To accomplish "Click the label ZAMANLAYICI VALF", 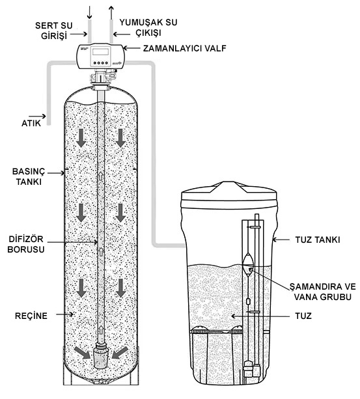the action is tap(184, 48).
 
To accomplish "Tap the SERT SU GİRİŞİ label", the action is tap(54, 31).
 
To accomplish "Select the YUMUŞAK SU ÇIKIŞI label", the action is tap(148, 27).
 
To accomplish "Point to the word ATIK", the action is tap(31, 123).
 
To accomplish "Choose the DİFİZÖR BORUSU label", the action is tap(26, 244).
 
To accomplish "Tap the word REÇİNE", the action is tap(31, 316).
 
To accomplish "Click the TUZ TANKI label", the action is tap(318, 240).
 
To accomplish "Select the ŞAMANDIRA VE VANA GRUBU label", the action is tap(323, 292).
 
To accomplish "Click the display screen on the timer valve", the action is tap(100, 51).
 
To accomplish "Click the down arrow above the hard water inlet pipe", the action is tap(89, 12).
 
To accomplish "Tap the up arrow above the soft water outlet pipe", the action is tap(111, 12).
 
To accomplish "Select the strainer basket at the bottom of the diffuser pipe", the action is tap(102, 355).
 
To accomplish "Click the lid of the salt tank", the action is tap(228, 195).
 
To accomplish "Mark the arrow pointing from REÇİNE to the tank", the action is tap(65, 314).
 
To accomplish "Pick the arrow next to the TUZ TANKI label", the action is tap(281, 240).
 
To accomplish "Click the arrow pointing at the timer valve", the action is tap(132, 48).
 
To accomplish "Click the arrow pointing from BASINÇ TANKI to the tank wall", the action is tap(56, 173).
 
